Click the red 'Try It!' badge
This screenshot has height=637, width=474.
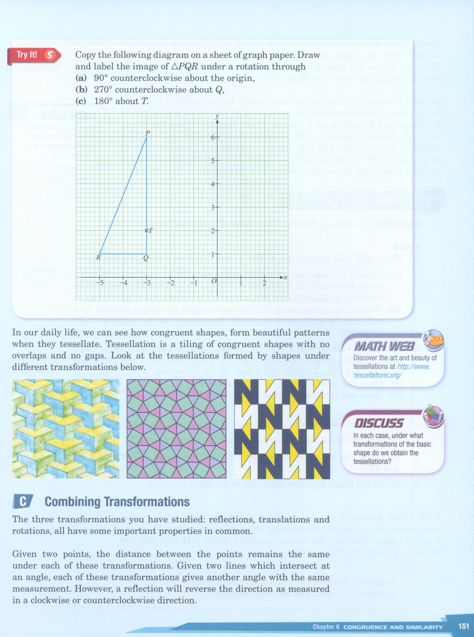[x=27, y=55]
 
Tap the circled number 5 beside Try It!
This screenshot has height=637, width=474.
[x=50, y=55]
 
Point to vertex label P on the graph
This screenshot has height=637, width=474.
[x=147, y=133]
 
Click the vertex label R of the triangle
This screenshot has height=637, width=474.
[x=99, y=257]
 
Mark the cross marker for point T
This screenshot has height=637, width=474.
[x=146, y=231]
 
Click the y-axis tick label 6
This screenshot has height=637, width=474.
[x=213, y=137]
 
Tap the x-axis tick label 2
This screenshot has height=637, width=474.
[x=264, y=283]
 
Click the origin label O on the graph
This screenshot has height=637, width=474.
[x=214, y=281]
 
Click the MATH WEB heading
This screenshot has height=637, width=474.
[x=384, y=346]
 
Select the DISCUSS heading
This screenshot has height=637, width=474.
[x=379, y=423]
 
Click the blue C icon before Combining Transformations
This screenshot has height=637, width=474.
[x=23, y=502]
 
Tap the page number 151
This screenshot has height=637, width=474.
[x=464, y=626]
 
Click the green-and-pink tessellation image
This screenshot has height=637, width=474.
[x=177, y=428]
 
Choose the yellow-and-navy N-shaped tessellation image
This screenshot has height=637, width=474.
[x=282, y=428]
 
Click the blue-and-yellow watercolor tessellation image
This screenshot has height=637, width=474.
[x=66, y=428]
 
